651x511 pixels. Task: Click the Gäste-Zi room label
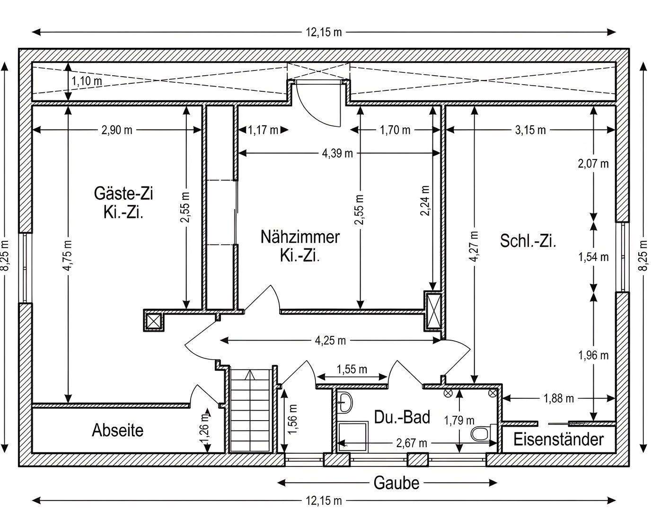(x=123, y=193)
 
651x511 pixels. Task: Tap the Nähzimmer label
(x=300, y=237)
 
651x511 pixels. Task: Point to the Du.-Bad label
(x=402, y=417)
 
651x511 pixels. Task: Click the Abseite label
(x=117, y=430)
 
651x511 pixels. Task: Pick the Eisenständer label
(x=558, y=440)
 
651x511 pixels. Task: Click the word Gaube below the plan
(x=396, y=483)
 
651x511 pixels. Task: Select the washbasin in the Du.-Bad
(x=345, y=402)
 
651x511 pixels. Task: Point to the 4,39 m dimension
(x=337, y=153)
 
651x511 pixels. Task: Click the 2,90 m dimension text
(x=116, y=130)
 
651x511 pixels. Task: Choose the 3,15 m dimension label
(x=530, y=130)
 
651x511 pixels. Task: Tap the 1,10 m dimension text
(x=87, y=81)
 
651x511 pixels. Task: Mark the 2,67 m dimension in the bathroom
(x=411, y=443)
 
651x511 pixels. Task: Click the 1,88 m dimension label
(x=559, y=398)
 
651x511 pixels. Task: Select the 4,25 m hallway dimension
(x=330, y=340)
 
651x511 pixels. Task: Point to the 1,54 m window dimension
(x=593, y=257)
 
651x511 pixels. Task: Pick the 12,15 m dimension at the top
(x=324, y=32)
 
